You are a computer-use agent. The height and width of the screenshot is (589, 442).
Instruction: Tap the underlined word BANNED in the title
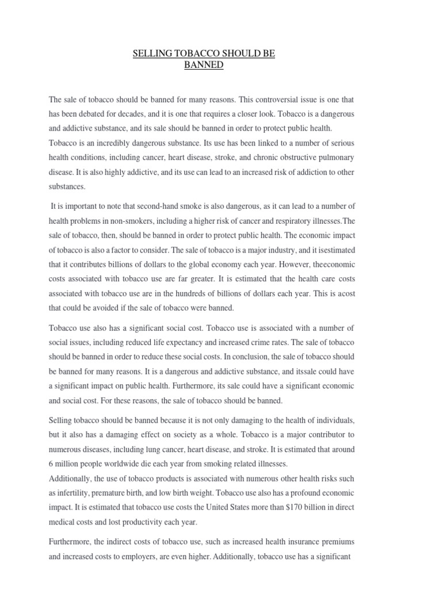[204, 65]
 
